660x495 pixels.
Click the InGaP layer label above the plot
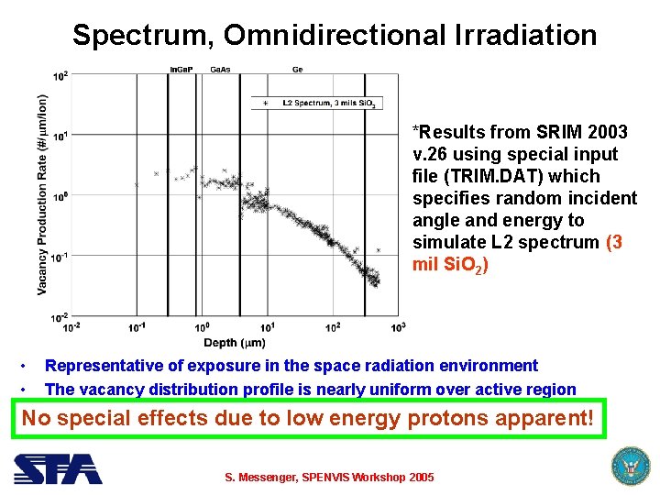(181, 70)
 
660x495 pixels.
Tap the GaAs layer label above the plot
(220, 70)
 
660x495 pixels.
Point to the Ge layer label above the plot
(298, 70)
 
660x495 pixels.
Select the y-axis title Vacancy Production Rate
(42, 195)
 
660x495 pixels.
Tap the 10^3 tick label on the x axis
(398, 327)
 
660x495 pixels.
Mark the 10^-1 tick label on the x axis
(137, 327)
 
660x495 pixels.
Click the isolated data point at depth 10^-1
(137, 184)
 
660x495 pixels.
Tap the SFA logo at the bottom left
(57, 468)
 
